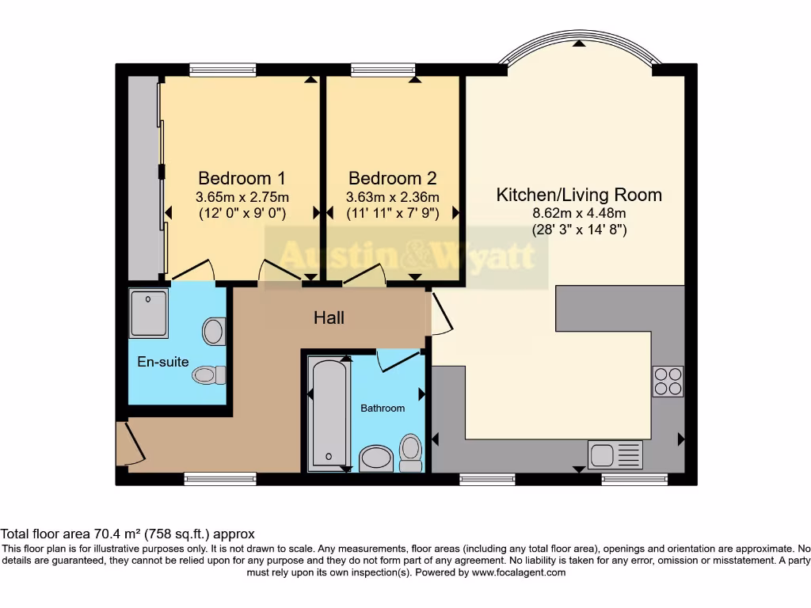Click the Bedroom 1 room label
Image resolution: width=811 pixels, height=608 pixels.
tap(242, 178)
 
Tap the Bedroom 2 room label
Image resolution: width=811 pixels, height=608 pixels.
tap(392, 178)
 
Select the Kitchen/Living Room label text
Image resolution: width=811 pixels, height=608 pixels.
tap(579, 195)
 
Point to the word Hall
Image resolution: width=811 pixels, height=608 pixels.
tap(329, 317)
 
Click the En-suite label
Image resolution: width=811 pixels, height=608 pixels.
tap(163, 362)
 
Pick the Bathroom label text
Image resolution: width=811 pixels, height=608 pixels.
tap(383, 408)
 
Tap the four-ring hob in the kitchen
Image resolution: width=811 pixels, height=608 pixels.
tap(668, 382)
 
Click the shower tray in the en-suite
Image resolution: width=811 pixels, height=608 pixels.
tap(148, 313)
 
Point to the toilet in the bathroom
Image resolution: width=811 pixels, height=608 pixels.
tap(410, 450)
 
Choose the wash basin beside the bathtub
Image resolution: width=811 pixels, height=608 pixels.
tap(375, 458)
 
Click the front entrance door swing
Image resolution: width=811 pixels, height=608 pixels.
tap(129, 444)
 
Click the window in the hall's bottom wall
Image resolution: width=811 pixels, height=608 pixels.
tap(220, 477)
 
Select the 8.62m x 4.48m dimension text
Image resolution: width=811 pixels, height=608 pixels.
tap(579, 214)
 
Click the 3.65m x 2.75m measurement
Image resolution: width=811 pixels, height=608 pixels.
tap(242, 197)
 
